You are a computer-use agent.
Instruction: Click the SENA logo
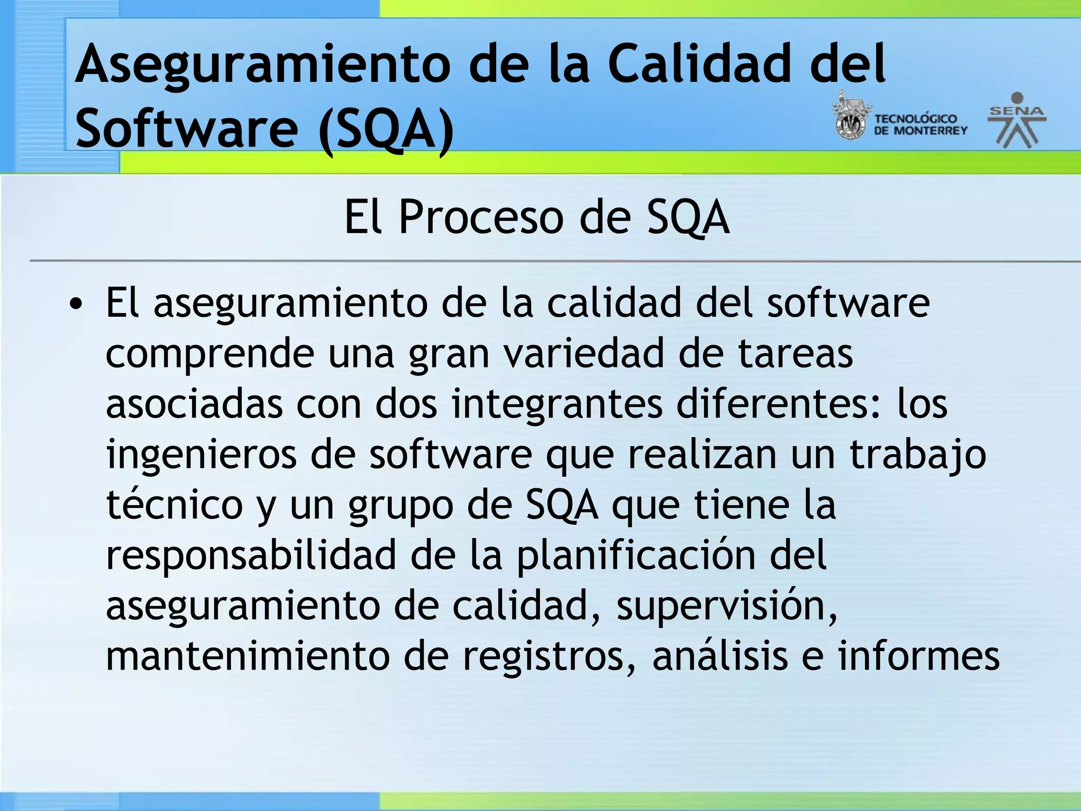click(1017, 120)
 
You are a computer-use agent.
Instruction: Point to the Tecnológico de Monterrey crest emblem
click(850, 118)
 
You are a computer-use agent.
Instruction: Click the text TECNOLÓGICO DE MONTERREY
click(920, 125)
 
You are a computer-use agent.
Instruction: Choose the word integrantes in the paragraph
click(557, 404)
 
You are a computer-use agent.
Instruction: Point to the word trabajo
click(917, 455)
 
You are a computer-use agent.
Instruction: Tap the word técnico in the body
click(174, 505)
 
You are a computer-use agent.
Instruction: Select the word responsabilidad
click(251, 555)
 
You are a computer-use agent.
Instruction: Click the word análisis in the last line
click(720, 656)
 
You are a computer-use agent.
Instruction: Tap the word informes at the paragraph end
click(918, 656)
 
